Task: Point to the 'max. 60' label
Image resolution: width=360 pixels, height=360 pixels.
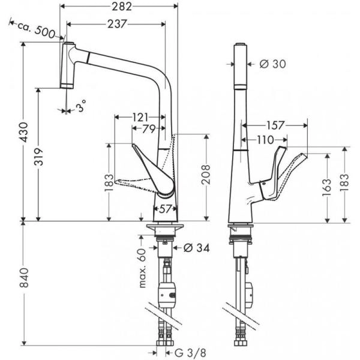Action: click(143, 266)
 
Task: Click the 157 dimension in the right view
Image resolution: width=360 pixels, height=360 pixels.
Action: click(277, 125)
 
